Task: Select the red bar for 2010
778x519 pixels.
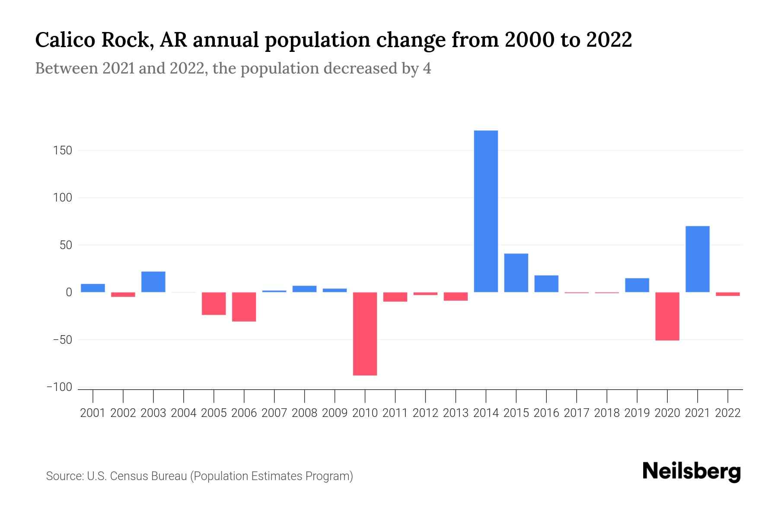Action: pos(365,333)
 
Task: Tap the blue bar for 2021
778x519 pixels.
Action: pos(697,259)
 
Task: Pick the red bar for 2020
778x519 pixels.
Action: pos(667,316)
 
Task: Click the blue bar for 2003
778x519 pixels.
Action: pos(153,282)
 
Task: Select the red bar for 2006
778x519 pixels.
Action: pos(244,307)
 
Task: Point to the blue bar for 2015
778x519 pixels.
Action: pos(516,272)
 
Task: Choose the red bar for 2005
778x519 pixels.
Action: pos(214,303)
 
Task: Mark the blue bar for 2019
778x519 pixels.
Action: pos(637,285)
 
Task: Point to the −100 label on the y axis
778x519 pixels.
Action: pos(59,387)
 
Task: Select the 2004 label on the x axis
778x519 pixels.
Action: pos(184,413)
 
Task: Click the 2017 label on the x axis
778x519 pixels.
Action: pos(576,413)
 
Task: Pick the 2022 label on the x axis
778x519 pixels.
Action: pos(727,413)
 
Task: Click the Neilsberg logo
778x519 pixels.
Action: pos(692,472)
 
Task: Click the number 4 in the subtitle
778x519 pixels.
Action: pos(427,68)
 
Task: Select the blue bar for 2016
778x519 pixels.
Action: pos(546,284)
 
